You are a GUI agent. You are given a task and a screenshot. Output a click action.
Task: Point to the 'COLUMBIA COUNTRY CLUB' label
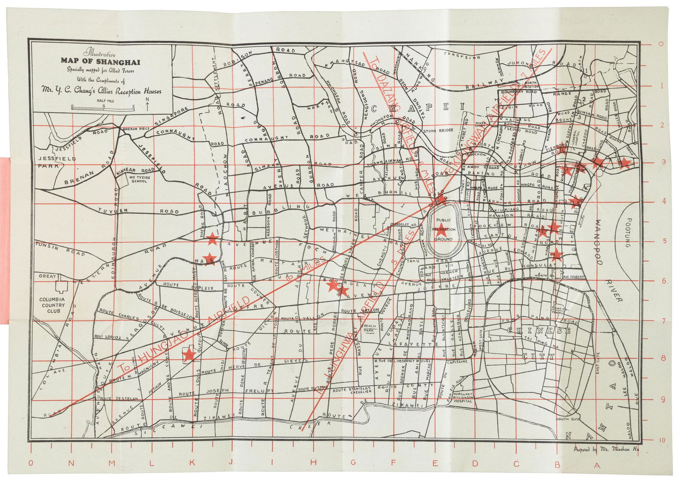(x=52, y=305)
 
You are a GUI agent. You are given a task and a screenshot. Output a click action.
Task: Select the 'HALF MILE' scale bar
(x=103, y=108)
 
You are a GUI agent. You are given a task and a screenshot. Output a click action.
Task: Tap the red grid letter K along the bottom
(x=193, y=464)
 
